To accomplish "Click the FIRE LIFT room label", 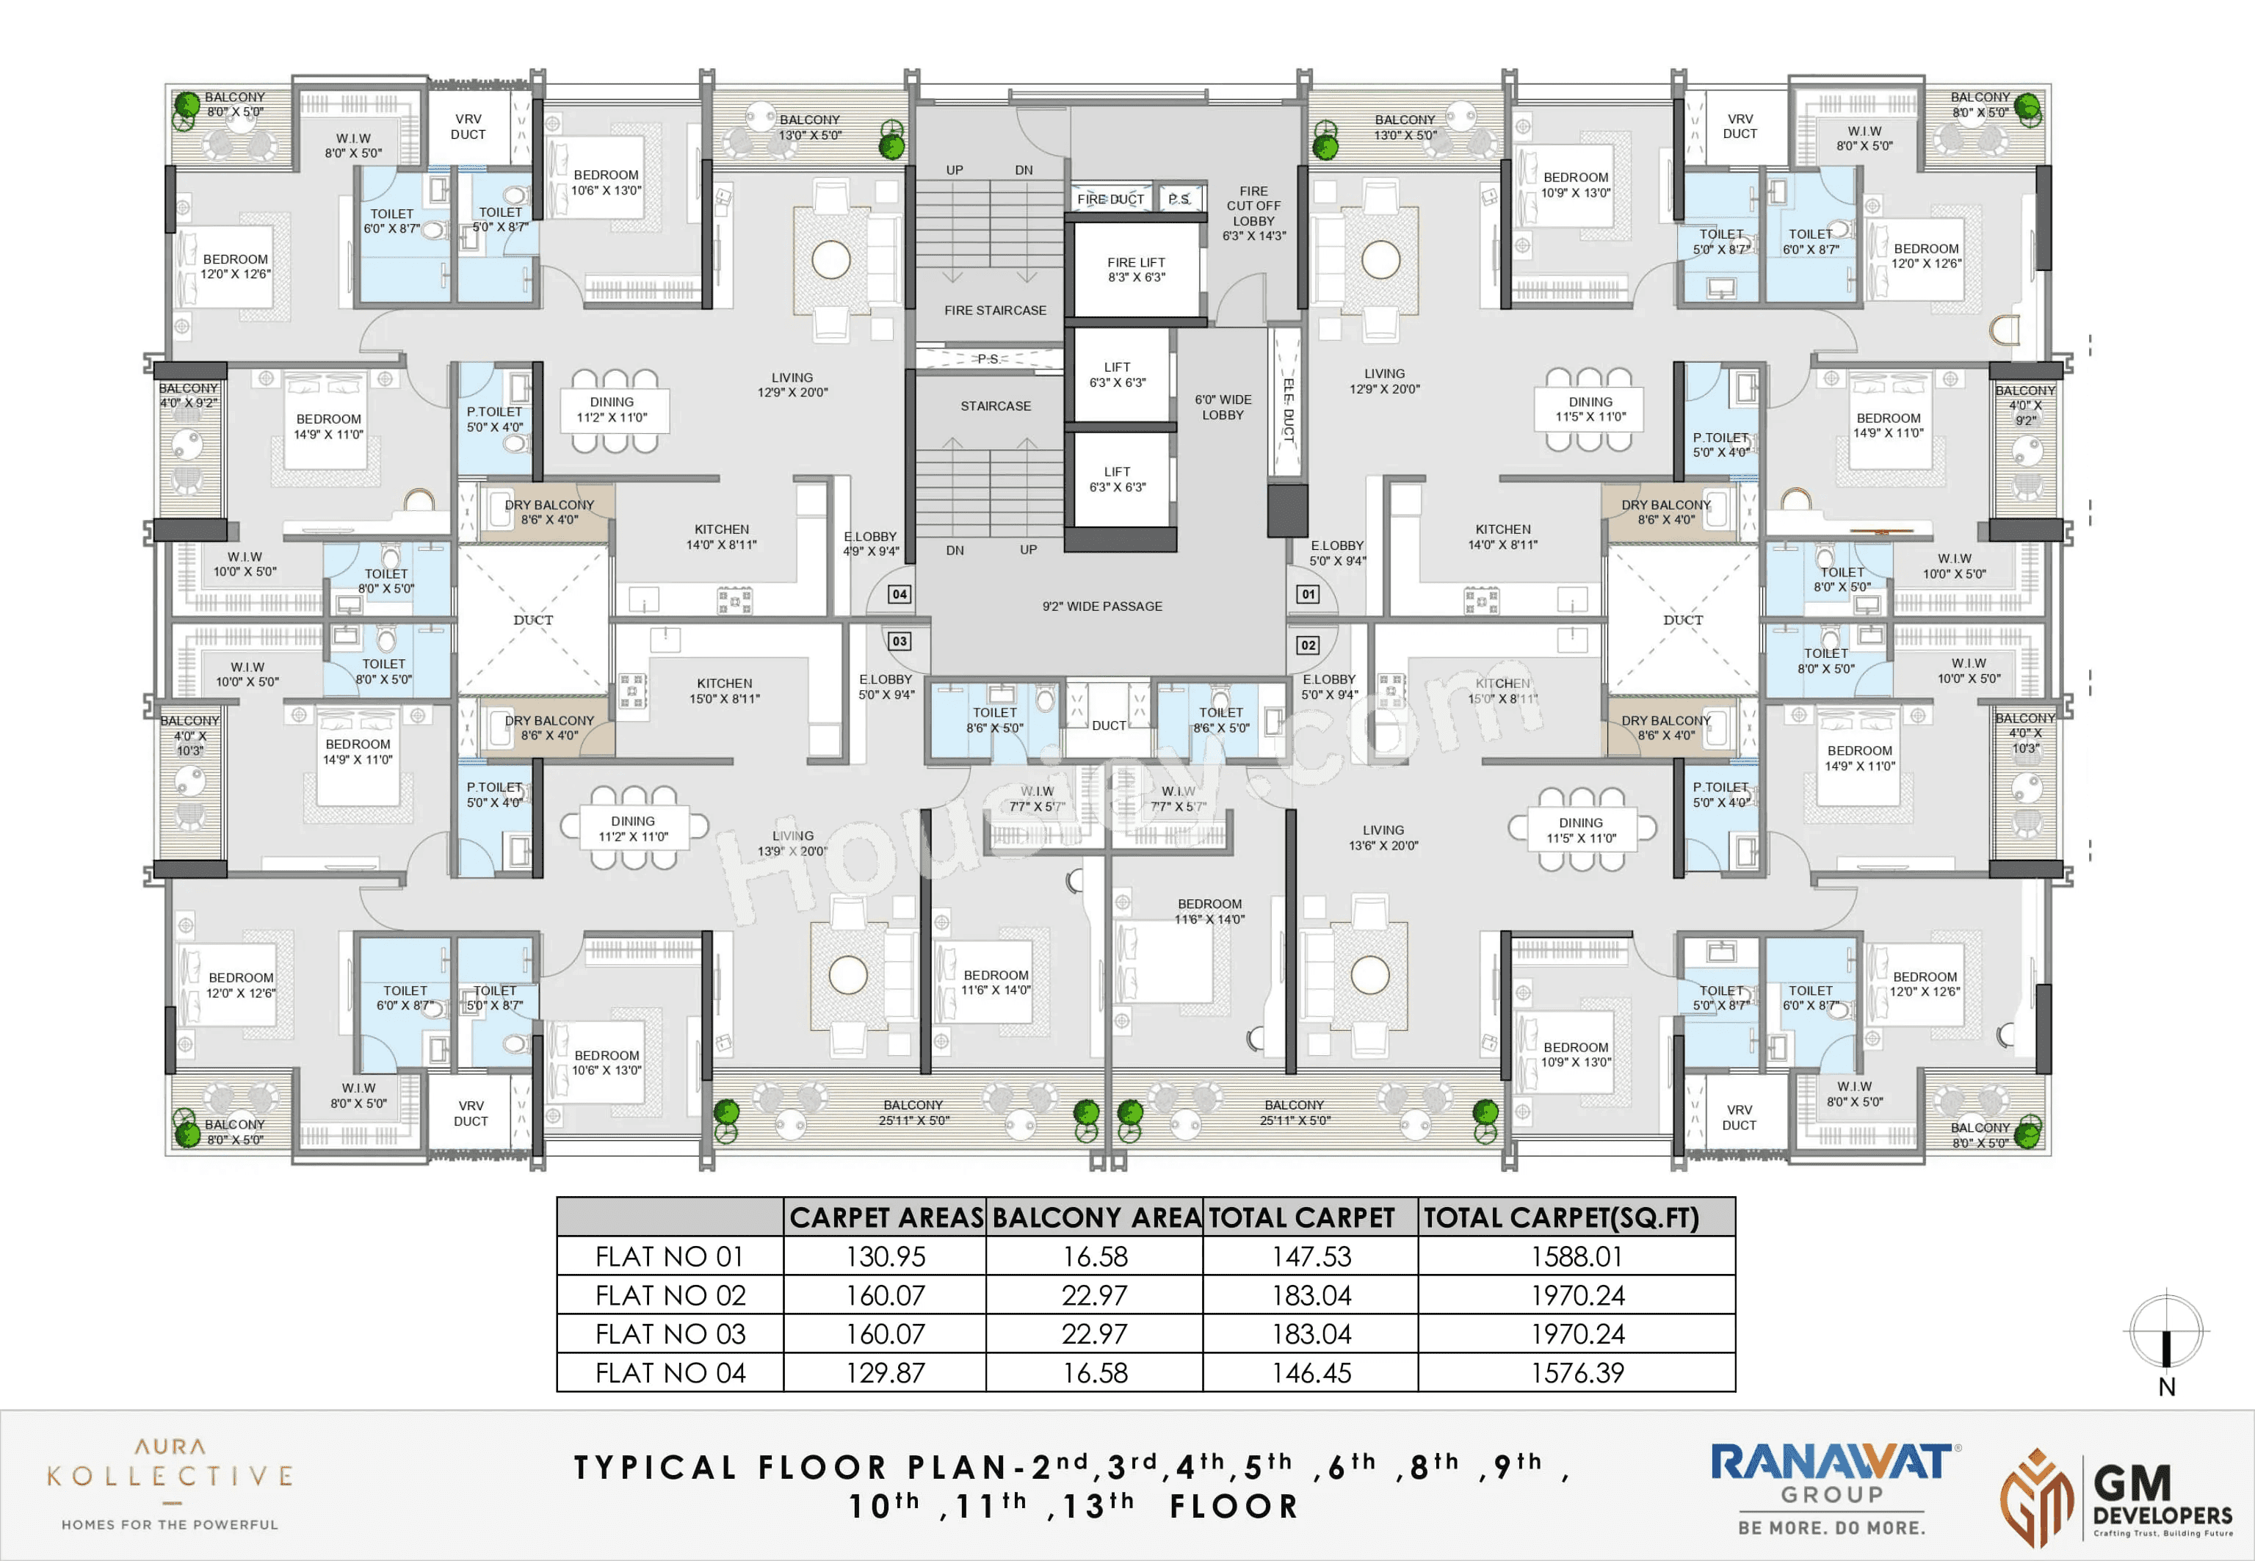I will (1135, 269).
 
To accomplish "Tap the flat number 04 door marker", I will (899, 594).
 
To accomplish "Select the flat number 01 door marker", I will (1308, 594).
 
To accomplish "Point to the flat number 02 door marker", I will (1308, 645).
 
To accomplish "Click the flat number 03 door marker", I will (899, 641).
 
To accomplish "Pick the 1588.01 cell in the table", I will (1577, 1256).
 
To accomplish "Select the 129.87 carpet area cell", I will (885, 1372).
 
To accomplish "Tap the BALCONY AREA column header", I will (1096, 1217).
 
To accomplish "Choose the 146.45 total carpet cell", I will (1311, 1372).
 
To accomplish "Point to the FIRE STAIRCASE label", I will (994, 310).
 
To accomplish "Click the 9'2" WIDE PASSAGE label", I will (1102, 606).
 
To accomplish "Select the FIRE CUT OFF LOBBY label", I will (1253, 213).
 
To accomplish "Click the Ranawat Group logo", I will (1831, 1488).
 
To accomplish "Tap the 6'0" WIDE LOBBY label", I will (1223, 407).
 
